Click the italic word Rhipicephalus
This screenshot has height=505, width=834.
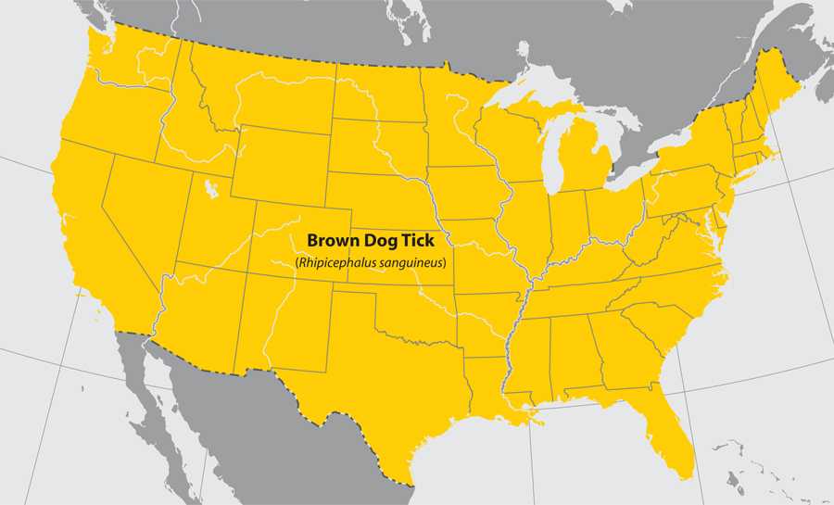pos(335,263)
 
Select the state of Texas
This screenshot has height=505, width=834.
pos(389,380)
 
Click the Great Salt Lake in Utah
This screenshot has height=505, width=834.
pos(211,189)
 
